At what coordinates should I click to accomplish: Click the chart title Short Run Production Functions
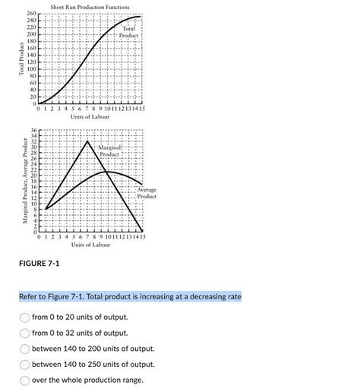(x=90, y=7)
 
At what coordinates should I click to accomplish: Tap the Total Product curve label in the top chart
(x=128, y=32)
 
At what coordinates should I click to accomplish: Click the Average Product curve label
(x=147, y=193)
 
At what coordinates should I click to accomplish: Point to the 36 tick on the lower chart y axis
(x=33, y=131)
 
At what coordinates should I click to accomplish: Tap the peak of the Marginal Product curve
(x=88, y=141)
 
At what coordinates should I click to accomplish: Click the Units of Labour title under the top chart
(x=90, y=118)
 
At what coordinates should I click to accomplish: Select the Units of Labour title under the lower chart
(x=90, y=245)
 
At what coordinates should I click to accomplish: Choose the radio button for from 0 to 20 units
(x=25, y=317)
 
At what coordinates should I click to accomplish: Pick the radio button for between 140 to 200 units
(x=25, y=349)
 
